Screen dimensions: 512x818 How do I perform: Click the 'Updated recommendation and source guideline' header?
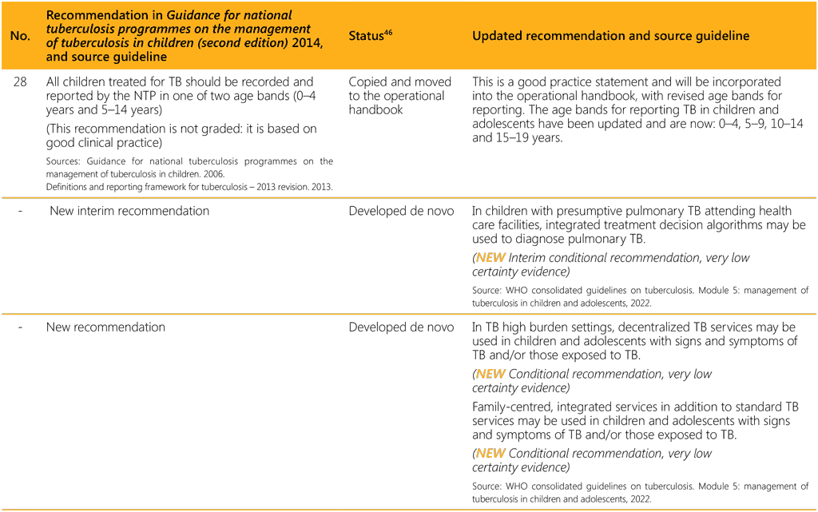pos(610,37)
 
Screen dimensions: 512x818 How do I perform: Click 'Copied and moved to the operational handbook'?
pos(399,95)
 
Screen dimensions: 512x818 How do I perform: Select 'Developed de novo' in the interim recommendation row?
pos(401,212)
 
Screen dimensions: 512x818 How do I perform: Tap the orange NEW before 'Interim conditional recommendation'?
pos(491,258)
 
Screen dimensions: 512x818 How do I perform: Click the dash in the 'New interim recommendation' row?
pos(19,212)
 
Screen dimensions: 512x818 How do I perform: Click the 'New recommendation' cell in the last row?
pos(105,327)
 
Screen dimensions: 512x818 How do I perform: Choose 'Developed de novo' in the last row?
pos(401,327)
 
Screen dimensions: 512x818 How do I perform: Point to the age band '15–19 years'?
pos(526,137)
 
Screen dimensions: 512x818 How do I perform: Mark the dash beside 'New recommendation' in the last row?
pos(19,327)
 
